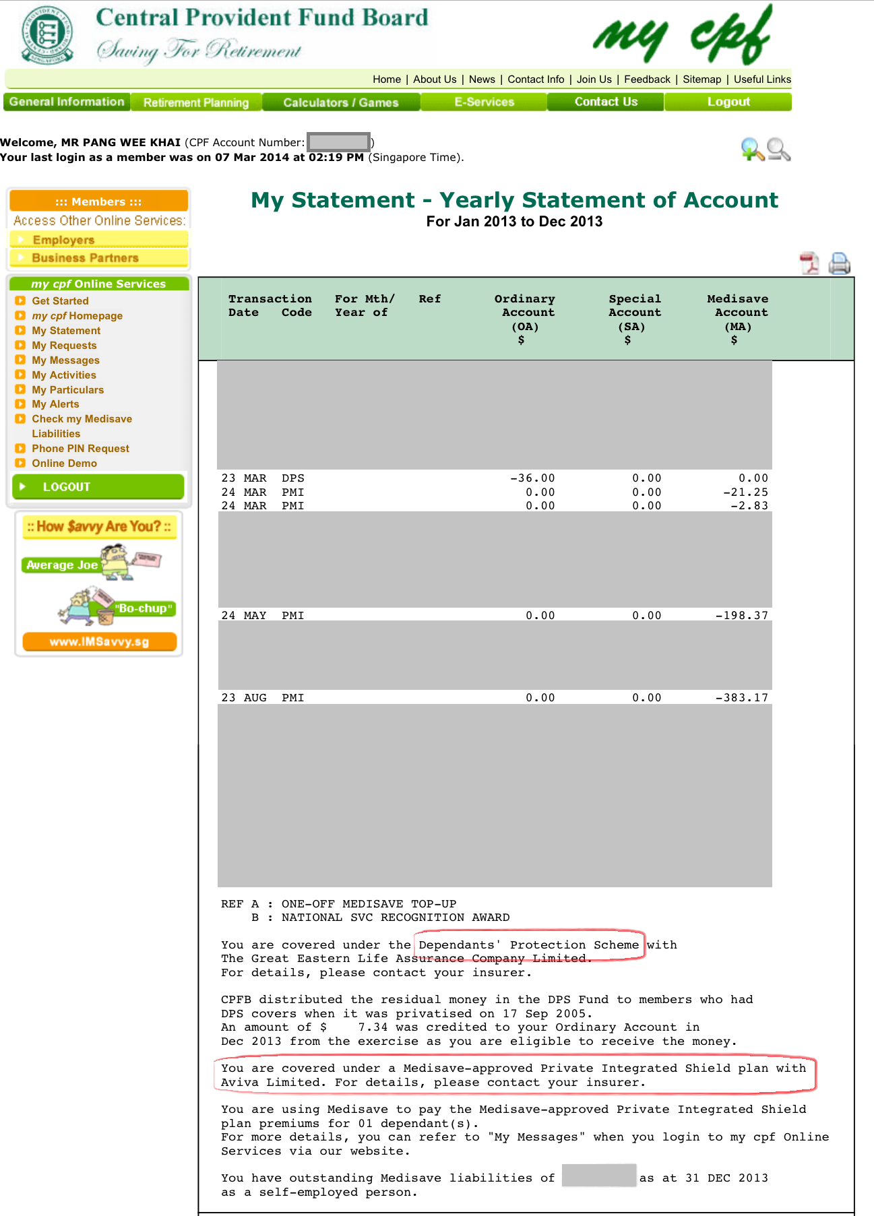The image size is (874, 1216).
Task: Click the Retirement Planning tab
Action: tap(196, 102)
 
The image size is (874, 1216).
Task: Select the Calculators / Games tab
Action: tap(341, 102)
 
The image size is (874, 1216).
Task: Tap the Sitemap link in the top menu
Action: tap(701, 79)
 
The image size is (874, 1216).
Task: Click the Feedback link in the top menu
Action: tap(647, 79)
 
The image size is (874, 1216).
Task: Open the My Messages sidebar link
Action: tap(65, 360)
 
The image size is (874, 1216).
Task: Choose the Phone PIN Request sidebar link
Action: tap(80, 449)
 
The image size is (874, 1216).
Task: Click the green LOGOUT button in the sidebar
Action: tap(98, 487)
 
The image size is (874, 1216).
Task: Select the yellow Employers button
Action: tap(98, 240)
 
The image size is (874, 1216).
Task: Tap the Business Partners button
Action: tap(98, 258)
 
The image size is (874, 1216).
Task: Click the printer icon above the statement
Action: tap(839, 263)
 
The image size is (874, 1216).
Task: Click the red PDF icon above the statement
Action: tap(809, 263)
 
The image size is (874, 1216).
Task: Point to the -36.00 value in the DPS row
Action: tap(532, 478)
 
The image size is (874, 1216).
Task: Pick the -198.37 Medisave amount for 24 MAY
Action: tap(741, 616)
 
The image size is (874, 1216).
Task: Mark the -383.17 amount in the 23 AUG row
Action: tap(741, 698)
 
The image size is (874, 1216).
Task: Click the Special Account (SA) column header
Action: tap(635, 319)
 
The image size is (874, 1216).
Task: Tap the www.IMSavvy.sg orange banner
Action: tap(99, 641)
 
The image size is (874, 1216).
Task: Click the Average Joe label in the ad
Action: tap(62, 565)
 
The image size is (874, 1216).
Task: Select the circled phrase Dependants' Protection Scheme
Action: tap(529, 945)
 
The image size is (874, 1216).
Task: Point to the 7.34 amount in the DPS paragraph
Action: tap(373, 1027)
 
